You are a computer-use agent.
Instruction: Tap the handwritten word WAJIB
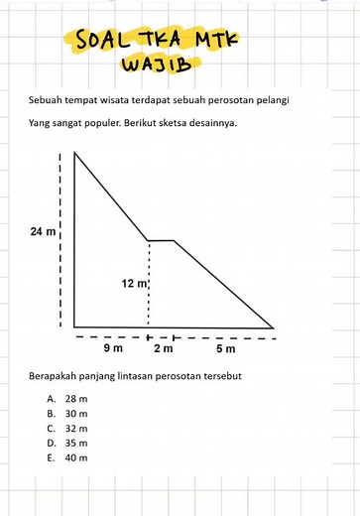click(154, 65)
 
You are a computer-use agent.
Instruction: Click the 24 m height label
click(45, 232)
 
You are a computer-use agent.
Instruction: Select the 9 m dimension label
click(113, 348)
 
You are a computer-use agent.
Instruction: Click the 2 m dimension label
click(163, 348)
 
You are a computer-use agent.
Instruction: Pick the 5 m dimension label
click(225, 348)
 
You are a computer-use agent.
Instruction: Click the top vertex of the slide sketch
click(73, 151)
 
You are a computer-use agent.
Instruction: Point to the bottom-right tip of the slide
click(272, 326)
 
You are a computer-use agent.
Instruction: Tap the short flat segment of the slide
click(161, 240)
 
